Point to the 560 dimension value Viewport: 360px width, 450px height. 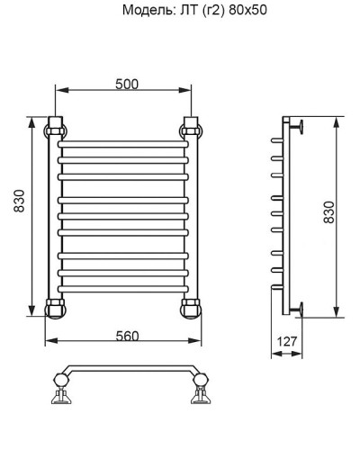127,336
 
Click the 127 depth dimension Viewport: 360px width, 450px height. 287,342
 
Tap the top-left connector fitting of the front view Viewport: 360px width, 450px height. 56,128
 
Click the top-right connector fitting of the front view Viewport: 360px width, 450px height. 191,128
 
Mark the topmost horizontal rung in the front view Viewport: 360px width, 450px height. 123,144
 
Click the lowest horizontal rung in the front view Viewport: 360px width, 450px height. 123,288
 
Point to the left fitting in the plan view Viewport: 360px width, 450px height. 61,393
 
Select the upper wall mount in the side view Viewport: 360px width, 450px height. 298,127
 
